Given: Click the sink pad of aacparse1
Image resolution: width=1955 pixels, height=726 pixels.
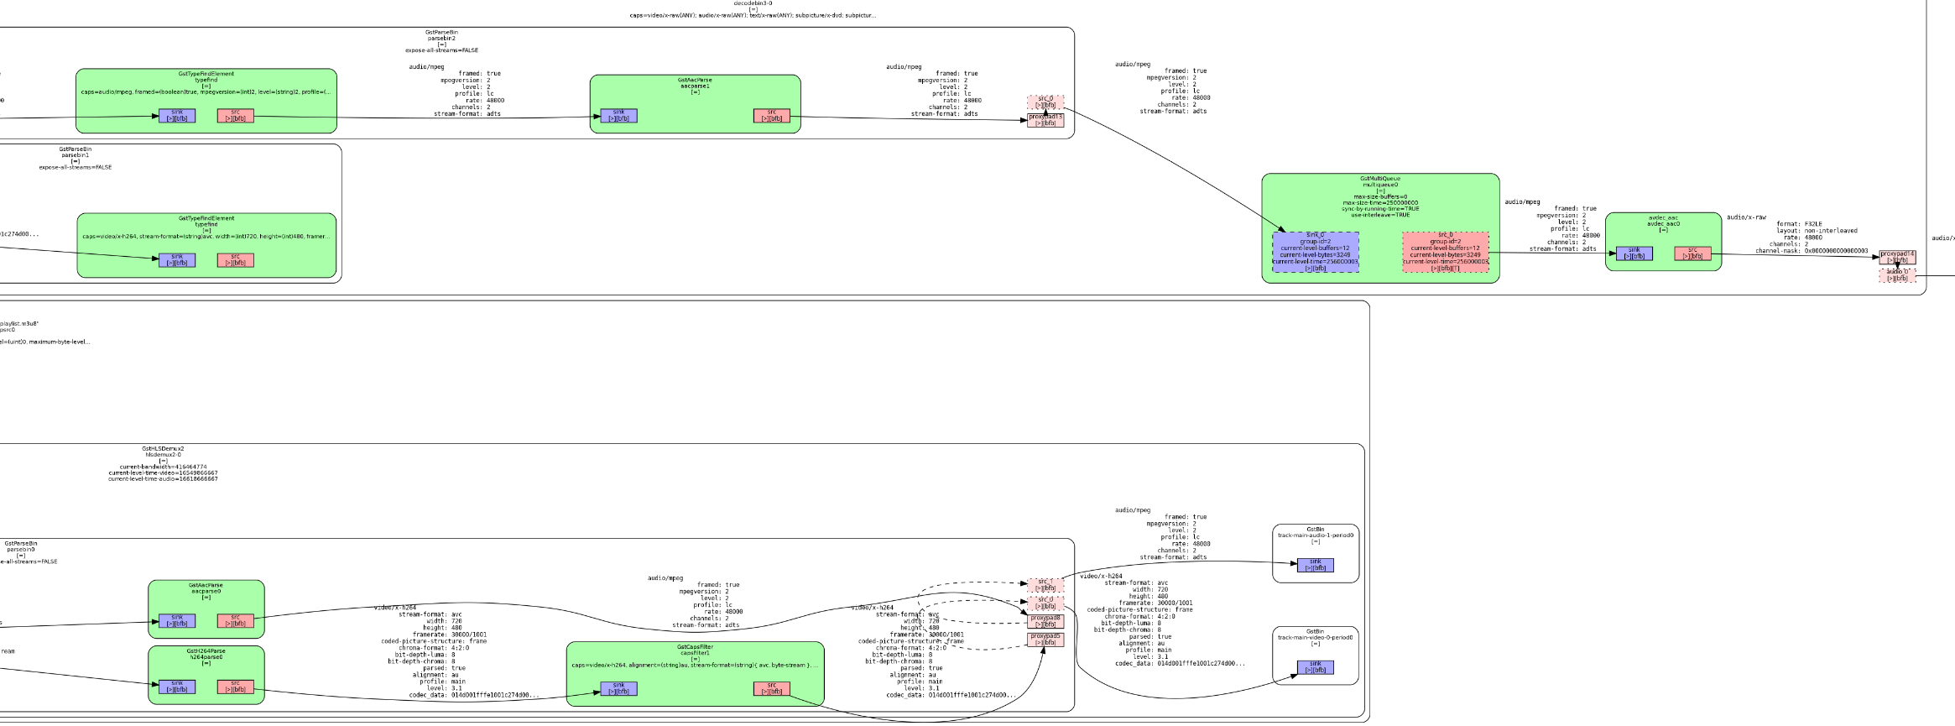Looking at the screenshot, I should (618, 115).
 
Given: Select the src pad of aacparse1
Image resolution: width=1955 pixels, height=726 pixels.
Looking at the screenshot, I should (771, 115).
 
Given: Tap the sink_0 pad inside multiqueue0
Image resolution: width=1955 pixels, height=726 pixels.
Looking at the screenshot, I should (1315, 252).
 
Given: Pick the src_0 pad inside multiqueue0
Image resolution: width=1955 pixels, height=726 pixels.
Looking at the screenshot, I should (1445, 252).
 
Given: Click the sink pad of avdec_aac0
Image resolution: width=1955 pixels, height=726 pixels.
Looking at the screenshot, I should (1634, 253).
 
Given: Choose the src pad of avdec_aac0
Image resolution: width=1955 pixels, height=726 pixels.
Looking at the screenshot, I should (1692, 253).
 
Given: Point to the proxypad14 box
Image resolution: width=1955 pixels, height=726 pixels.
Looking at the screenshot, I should (1897, 257).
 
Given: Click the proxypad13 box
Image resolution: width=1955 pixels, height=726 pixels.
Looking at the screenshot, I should (1045, 120).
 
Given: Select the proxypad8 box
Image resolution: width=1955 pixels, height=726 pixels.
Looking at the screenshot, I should (1045, 621).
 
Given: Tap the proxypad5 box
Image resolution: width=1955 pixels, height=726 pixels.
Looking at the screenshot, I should (1045, 640).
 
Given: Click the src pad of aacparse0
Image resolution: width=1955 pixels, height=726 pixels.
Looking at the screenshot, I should (235, 620).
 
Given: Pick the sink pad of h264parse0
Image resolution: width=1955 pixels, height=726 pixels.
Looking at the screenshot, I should (177, 687).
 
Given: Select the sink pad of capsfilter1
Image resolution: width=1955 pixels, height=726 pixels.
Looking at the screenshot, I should (618, 688).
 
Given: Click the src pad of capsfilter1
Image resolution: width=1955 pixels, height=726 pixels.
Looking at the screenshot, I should (771, 688).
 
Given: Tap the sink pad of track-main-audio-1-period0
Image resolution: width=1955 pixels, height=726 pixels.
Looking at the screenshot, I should (1315, 565).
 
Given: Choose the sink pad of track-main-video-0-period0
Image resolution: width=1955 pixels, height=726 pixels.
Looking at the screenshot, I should (1315, 667).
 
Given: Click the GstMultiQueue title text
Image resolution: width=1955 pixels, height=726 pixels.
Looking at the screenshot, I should (1380, 179).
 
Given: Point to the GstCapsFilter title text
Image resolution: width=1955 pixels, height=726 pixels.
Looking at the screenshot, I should (695, 647).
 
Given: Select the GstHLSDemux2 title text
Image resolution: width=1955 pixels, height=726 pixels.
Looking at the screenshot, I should (163, 449).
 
